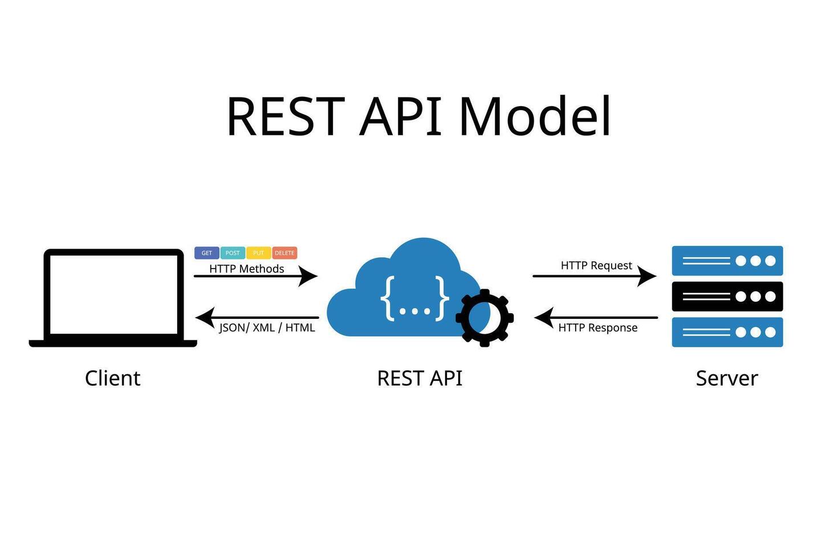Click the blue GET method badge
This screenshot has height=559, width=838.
(x=206, y=253)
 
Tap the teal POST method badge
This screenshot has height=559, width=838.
(x=233, y=253)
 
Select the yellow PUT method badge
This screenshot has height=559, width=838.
(x=258, y=253)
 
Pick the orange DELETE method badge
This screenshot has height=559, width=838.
(x=284, y=253)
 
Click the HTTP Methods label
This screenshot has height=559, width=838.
(x=246, y=269)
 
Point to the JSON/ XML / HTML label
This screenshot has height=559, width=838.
(x=267, y=327)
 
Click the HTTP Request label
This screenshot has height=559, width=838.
(x=596, y=265)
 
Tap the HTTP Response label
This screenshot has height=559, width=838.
(x=597, y=327)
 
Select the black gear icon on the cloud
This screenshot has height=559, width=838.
(x=485, y=318)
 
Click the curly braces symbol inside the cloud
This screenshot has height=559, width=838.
(x=414, y=298)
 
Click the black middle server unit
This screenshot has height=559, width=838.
(x=727, y=297)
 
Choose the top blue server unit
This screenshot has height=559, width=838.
(x=727, y=261)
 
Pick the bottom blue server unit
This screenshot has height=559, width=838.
(x=727, y=332)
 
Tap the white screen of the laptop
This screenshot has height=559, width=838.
(x=114, y=294)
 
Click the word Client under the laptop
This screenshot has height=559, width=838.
(x=112, y=378)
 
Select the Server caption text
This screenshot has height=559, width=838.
(x=727, y=378)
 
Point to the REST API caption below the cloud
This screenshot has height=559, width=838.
(x=420, y=378)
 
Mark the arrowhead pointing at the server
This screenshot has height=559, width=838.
(x=648, y=276)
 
